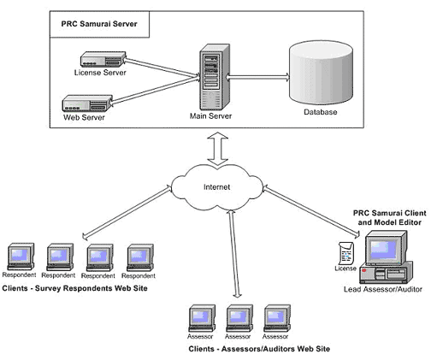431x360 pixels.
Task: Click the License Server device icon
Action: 103,59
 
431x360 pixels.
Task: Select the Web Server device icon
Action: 87,103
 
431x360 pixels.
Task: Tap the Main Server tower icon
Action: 215,77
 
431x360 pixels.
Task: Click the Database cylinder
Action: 321,72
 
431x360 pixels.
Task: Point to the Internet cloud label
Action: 216,187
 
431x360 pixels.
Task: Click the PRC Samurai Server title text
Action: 99,24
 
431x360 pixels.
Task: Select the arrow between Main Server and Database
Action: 257,77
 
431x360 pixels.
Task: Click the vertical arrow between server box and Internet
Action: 217,149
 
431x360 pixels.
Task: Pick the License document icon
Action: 345,253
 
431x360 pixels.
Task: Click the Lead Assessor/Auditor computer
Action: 387,257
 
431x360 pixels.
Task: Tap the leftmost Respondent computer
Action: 21,257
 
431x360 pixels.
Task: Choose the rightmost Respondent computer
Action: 140,257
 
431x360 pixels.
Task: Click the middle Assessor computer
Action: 239,318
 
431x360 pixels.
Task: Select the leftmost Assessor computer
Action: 202,318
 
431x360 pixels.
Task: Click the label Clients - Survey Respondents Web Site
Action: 74,288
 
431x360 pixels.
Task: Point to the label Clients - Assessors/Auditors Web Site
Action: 259,349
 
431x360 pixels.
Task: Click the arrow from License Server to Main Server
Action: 162,68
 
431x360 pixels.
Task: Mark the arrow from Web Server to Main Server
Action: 154,91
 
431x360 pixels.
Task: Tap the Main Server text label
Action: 210,116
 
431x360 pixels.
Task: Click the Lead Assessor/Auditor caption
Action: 383,289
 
